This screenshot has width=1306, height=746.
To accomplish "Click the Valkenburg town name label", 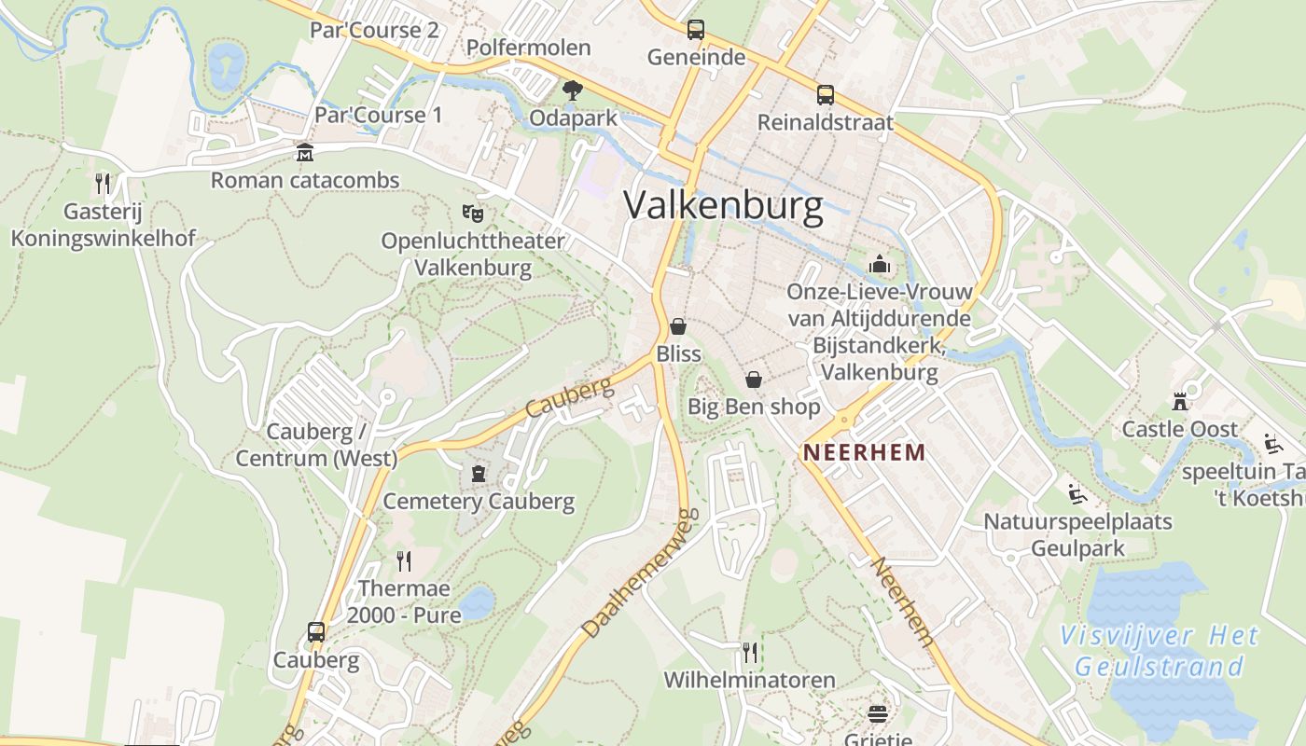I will click(723, 205).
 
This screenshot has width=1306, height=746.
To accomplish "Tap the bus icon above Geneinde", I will click(696, 30).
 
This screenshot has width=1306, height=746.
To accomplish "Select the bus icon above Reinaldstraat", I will click(826, 94).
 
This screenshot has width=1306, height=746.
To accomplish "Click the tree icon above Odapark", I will click(572, 90).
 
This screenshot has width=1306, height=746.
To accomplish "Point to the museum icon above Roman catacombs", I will click(304, 152).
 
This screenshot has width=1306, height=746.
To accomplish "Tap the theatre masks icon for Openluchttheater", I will click(473, 214).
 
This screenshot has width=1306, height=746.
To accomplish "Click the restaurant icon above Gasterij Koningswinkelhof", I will click(103, 183).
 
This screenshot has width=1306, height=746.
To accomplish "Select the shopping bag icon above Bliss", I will click(678, 326).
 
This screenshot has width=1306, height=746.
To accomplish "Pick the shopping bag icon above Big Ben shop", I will click(754, 380).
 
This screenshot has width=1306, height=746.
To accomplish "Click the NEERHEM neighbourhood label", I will click(864, 453).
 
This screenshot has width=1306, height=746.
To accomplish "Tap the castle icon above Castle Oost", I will click(1180, 402).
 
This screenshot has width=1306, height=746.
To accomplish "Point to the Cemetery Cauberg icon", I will click(479, 474).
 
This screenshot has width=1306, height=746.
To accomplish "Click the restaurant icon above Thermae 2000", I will click(404, 560).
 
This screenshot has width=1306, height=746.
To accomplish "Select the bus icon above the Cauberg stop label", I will click(316, 631).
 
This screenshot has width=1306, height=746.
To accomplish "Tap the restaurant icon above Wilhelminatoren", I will click(749, 651).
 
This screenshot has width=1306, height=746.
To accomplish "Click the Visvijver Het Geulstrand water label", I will click(1160, 652).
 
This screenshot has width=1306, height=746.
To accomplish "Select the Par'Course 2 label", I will click(374, 30).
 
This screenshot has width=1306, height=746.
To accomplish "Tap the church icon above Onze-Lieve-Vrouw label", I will click(879, 265).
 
